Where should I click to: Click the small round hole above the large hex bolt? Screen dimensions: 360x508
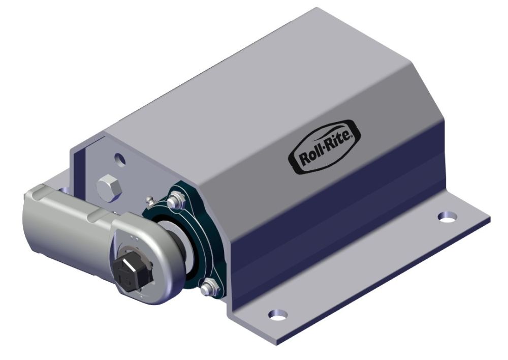coord(120,160)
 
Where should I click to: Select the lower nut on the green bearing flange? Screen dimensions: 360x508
coord(206,289)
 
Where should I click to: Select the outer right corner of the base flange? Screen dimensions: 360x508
coord(489,218)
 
